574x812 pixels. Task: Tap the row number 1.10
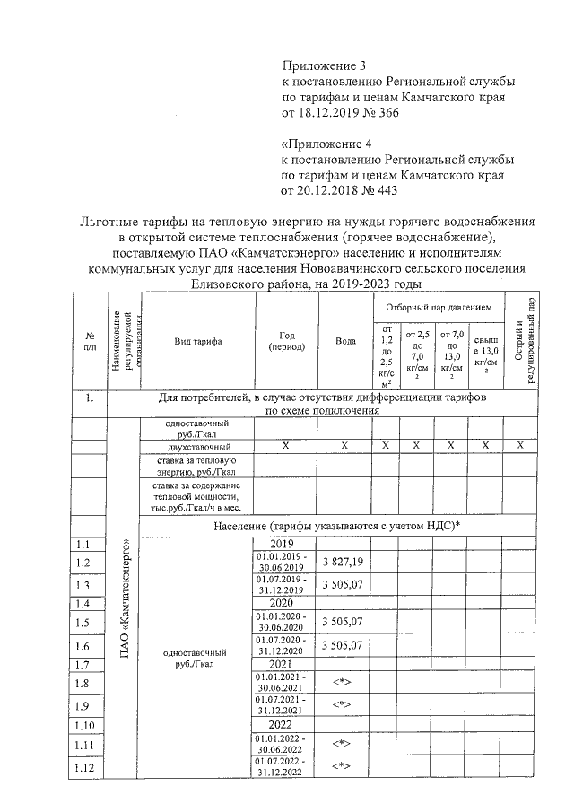[84, 725]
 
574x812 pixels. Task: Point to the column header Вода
[345, 341]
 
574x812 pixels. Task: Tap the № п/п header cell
[90, 341]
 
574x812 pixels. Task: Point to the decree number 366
[389, 114]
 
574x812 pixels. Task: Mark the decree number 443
[389, 190]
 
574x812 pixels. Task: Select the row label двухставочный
[198, 446]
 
